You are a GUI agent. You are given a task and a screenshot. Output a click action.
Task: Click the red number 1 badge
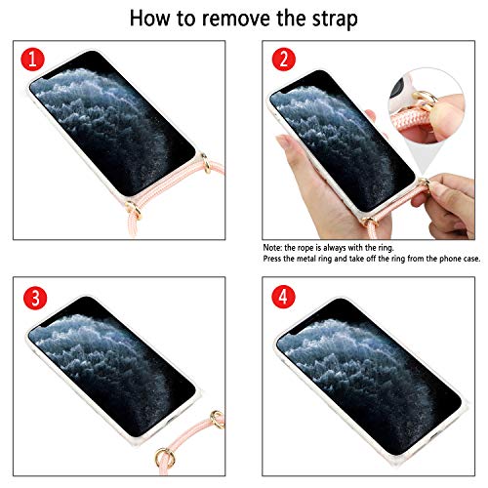(x=32, y=60)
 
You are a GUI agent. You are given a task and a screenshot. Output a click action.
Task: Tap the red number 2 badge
(x=284, y=60)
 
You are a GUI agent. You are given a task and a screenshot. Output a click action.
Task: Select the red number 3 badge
(x=35, y=298)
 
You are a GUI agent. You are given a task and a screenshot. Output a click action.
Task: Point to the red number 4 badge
(x=284, y=297)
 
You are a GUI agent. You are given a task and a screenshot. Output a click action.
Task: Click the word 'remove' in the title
(x=237, y=19)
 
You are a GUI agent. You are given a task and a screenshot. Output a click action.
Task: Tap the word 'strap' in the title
(x=335, y=20)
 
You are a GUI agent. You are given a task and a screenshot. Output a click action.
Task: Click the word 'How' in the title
(x=149, y=18)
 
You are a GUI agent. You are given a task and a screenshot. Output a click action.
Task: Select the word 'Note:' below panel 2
(x=272, y=248)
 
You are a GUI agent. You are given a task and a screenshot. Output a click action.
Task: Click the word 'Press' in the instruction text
(x=272, y=259)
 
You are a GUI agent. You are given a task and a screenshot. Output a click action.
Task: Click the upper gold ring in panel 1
(x=206, y=163)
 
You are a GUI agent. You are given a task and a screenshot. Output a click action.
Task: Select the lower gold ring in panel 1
(x=134, y=209)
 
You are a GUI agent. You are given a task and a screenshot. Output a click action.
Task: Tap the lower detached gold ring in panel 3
(x=165, y=457)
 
